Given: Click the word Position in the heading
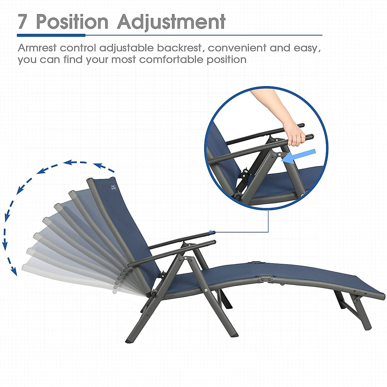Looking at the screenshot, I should pos(72,22).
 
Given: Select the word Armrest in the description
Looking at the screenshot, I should pos(37,48).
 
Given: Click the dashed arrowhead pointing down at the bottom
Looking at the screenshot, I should pos(14,272).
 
